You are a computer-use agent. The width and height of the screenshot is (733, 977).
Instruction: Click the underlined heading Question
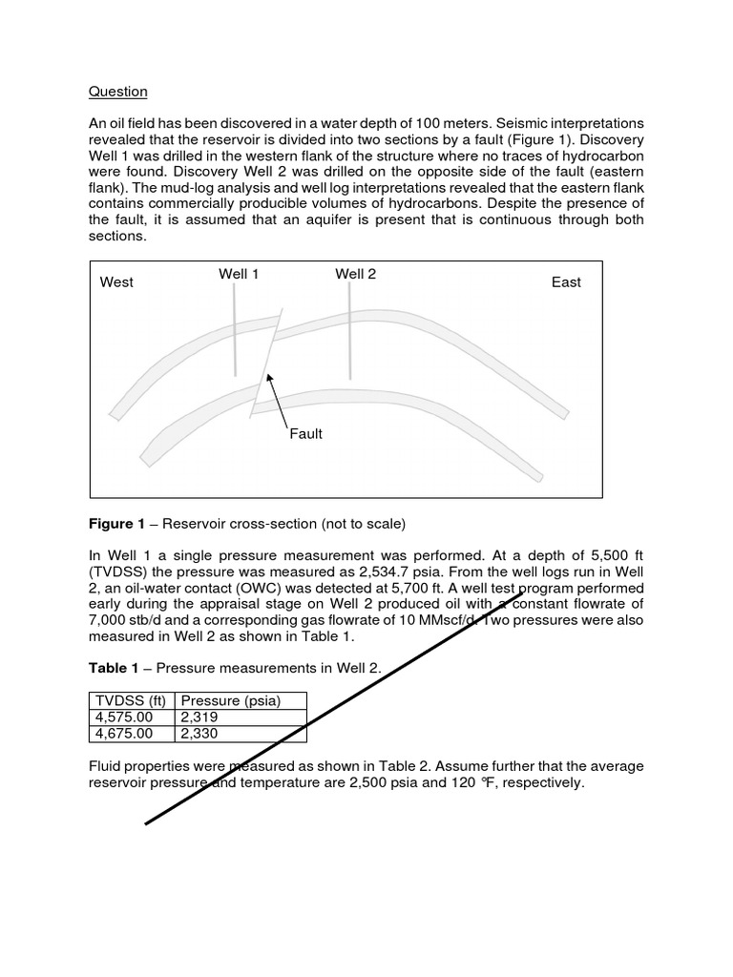tap(118, 92)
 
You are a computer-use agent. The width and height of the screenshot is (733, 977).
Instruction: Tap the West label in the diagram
tap(116, 282)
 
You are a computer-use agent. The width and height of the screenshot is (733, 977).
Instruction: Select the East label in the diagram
tap(566, 282)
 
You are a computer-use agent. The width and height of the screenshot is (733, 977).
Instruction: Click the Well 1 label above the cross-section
tap(239, 275)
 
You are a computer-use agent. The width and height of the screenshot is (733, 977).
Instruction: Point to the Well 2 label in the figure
tap(355, 275)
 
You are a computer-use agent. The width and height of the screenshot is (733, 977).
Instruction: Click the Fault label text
tap(305, 434)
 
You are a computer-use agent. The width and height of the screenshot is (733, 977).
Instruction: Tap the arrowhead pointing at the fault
tap(270, 379)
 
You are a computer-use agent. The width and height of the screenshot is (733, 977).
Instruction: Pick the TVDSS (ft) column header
tap(132, 701)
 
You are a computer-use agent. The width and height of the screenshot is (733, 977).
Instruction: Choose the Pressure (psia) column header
tap(230, 701)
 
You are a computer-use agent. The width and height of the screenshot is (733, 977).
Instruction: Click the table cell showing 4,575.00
tap(124, 717)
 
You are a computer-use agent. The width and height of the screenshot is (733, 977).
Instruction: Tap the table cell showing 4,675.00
tap(124, 734)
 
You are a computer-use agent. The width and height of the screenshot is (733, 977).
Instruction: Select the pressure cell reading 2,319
tap(199, 717)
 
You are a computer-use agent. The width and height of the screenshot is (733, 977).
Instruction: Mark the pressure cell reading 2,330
tap(199, 734)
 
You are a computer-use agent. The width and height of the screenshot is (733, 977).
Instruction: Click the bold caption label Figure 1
tap(116, 525)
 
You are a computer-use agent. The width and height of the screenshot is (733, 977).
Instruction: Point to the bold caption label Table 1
tap(114, 668)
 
